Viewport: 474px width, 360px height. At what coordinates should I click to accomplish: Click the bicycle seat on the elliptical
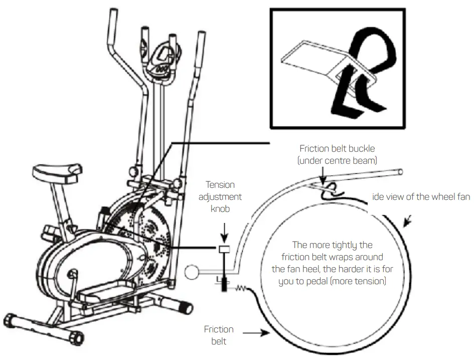point(56,171)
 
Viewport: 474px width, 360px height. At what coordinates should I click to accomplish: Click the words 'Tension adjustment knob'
point(222,196)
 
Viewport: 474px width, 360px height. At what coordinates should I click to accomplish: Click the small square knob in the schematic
point(223,249)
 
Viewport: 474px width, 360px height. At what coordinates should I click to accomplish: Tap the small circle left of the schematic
point(191,273)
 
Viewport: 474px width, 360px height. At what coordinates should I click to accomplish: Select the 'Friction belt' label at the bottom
point(219,335)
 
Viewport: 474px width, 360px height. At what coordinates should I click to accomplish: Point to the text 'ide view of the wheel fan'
point(421,197)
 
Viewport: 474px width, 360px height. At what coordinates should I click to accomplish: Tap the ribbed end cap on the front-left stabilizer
point(13,321)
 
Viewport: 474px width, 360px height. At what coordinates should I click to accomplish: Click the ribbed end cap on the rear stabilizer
point(186,306)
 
